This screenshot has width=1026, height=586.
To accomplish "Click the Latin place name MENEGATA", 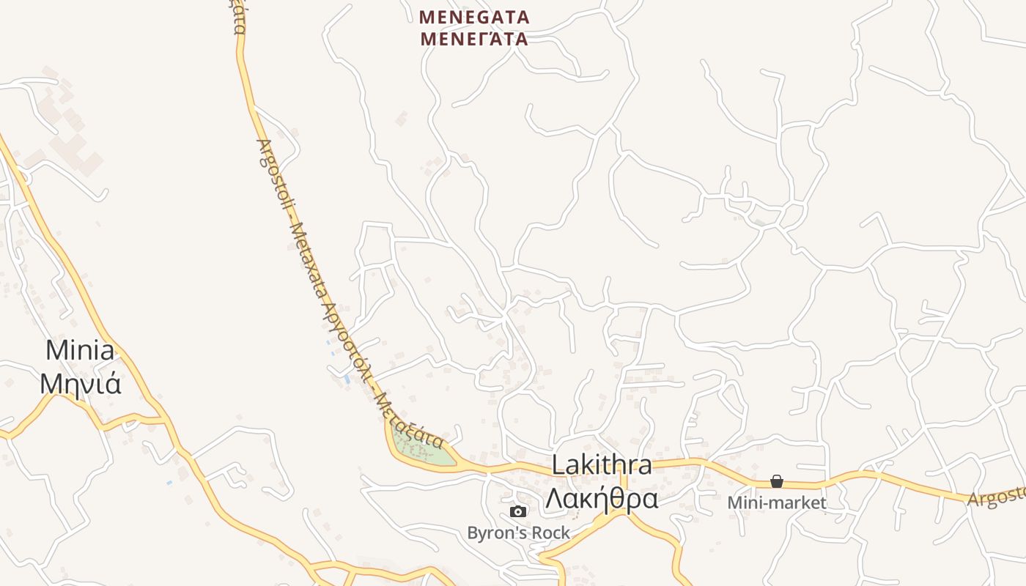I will click(474, 16).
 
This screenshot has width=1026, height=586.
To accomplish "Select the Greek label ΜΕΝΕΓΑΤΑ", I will click(474, 38).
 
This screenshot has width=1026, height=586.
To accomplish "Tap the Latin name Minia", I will click(80, 350).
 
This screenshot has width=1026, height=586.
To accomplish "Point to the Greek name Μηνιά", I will click(80, 382).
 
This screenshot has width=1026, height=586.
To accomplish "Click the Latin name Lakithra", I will click(602, 464).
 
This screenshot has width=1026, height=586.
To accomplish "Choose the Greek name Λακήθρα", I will click(602, 498).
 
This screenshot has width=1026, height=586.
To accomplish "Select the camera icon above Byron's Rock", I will click(518, 511).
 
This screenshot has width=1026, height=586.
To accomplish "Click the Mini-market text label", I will click(777, 503).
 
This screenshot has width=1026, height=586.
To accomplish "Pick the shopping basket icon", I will click(777, 481).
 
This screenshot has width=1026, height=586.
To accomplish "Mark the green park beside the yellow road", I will click(421, 448).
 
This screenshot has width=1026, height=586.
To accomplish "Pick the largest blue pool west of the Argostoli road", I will click(347, 379).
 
